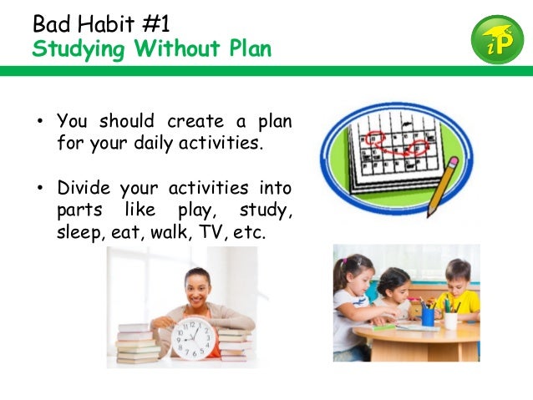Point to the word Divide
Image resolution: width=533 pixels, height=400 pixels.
(x=84, y=187)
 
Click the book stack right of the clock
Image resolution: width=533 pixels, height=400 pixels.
(x=235, y=343)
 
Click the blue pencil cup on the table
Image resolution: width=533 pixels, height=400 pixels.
(x=428, y=316)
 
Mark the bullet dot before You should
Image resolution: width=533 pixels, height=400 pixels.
(x=38, y=121)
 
